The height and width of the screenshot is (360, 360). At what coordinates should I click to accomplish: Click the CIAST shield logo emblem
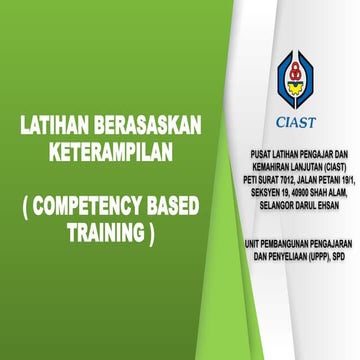tap(294, 81)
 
